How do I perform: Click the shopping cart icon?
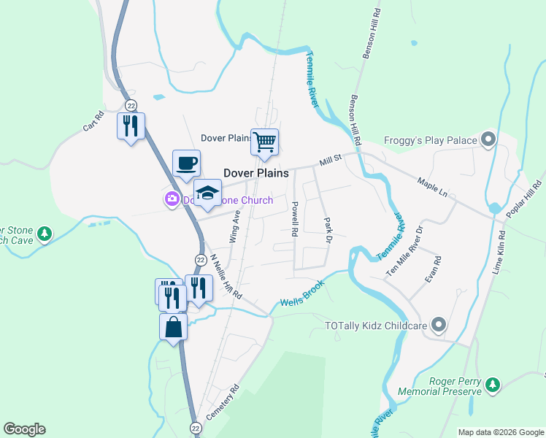pos(265,142)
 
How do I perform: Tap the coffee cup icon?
pos(186,164)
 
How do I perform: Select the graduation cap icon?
pos(207,193)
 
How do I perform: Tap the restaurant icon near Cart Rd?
pos(131,126)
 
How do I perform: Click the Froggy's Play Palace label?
pos(430,142)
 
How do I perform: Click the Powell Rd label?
pos(295,218)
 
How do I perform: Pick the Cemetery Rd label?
pos(223,402)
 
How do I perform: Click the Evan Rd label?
pos(434,269)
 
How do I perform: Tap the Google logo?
pos(24,429)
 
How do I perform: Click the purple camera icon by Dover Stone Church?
pos(172,199)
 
